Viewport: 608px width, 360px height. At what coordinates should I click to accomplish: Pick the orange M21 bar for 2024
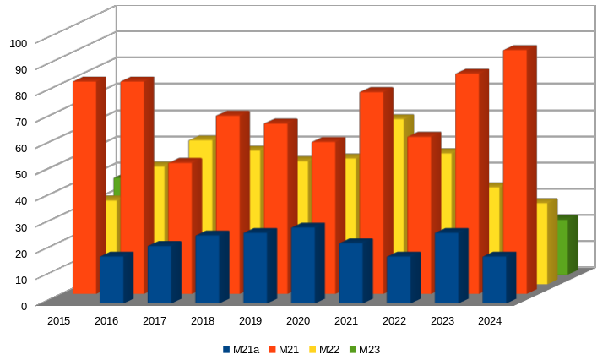click(515, 169)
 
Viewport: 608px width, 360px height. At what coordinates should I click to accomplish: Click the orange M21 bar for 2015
click(84, 186)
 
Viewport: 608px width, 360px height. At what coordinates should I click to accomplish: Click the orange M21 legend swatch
click(273, 350)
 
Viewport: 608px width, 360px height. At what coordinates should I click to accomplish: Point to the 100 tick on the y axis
click(19, 42)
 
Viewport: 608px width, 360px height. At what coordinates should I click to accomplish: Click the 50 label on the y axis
click(19, 173)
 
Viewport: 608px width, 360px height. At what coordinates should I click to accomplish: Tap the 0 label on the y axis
click(24, 304)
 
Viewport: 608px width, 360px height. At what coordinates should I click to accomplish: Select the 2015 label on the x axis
click(58, 321)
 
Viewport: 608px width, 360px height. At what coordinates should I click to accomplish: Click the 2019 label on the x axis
click(250, 321)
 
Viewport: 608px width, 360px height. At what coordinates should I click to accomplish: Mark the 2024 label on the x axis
click(490, 321)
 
